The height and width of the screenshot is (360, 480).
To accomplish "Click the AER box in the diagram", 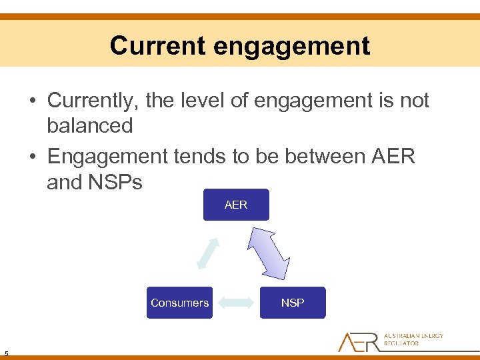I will pos(236,205).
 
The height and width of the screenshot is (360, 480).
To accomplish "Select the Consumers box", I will pos(179,303).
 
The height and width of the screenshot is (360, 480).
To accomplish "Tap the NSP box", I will pos(293,303).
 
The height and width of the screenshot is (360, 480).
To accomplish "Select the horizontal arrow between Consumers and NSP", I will pos(236,303).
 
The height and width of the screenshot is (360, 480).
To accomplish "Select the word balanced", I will pos(89,125).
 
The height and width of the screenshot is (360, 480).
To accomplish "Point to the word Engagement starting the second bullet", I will pos(109,157).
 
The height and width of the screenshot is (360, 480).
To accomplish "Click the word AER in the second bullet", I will pos(393,157).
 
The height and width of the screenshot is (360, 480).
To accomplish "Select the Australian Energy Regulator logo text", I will pos(413,339).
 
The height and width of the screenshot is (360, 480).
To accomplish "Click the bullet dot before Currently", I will pos(32,102).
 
